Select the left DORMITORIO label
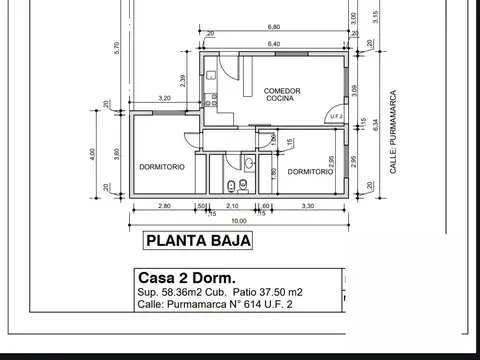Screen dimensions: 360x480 pyautogui.click(x=161, y=167)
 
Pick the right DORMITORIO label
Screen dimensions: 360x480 pyautogui.click(x=309, y=172)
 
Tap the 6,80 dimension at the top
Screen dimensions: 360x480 pyautogui.click(x=273, y=28)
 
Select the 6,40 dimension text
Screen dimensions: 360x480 pyautogui.click(x=273, y=42)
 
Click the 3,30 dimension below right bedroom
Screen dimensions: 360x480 pyautogui.click(x=306, y=206)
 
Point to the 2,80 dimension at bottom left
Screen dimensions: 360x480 pyautogui.click(x=164, y=206)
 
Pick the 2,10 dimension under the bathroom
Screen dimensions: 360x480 pyautogui.click(x=232, y=206)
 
